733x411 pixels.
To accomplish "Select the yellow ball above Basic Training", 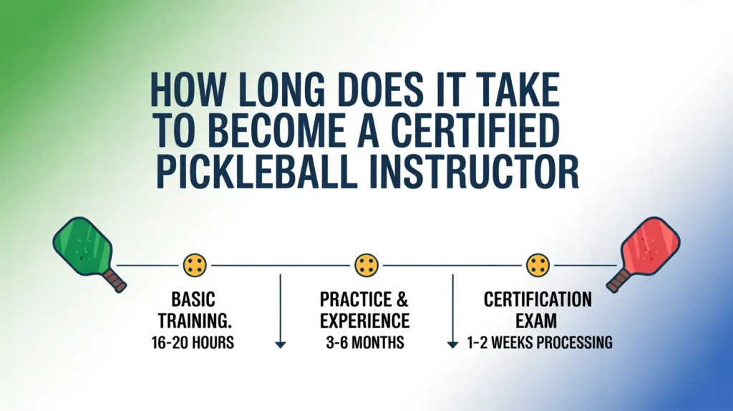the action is tap(195, 265).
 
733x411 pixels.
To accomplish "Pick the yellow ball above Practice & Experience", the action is tap(366, 265).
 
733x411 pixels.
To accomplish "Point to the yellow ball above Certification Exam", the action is tap(538, 265).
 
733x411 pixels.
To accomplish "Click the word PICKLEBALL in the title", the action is tap(254, 172).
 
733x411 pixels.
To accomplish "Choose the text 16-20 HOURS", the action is tap(193, 343).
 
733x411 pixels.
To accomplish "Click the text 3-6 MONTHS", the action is tap(365, 343).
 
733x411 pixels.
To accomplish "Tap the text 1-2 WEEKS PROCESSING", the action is tap(540, 343).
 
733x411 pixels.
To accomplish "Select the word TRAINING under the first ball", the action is tap(193, 321).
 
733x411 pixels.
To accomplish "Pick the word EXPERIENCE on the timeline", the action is tap(364, 321).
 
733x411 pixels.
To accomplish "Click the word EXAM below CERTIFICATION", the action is tap(536, 321).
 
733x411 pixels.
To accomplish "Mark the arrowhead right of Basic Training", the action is tap(281, 345).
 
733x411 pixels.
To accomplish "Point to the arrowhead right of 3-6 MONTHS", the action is tap(452, 345).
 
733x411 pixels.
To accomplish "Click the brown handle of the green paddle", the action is tap(115, 280).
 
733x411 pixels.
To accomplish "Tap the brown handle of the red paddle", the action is tap(618, 280).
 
